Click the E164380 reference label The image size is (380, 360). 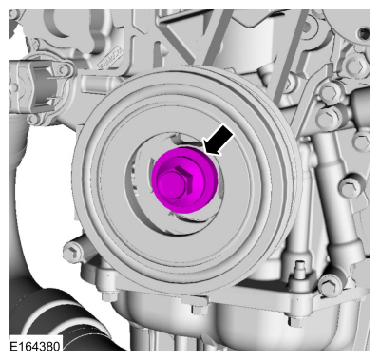point(34,346)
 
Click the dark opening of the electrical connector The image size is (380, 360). point(41,85)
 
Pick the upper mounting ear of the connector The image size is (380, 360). point(65,69)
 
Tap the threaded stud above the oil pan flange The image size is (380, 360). point(299,269)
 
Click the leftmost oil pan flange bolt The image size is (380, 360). point(106,296)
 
